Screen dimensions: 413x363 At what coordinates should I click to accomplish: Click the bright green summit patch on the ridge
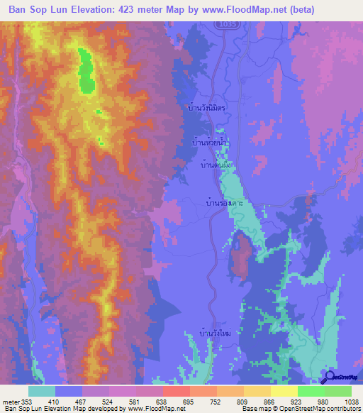(x=86, y=71)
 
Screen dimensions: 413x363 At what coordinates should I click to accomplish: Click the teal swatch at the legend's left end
(x=42, y=391)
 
